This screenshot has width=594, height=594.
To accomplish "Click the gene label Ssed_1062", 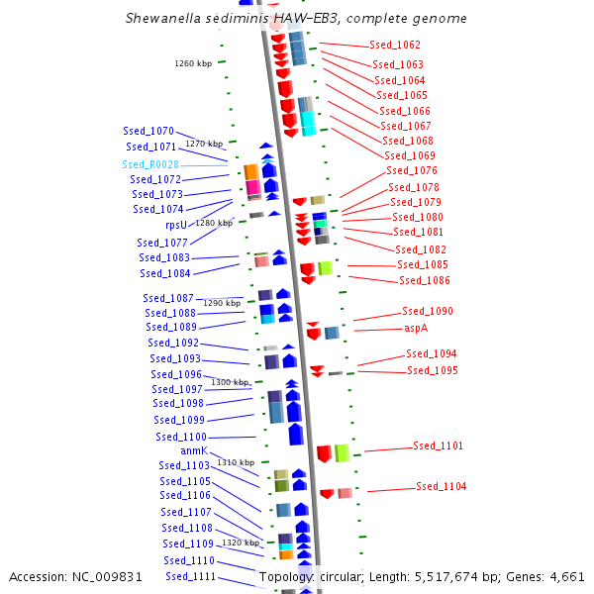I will pyautogui.click(x=394, y=46).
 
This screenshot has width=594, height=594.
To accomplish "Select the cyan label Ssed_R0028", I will pyautogui.click(x=150, y=164).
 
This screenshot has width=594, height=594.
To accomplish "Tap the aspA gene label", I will pyautogui.click(x=416, y=328).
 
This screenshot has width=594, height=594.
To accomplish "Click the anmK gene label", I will pyautogui.click(x=194, y=450).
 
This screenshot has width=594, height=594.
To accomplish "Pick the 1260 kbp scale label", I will pyautogui.click(x=193, y=63).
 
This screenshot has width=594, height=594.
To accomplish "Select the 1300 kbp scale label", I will pyautogui.click(x=230, y=382).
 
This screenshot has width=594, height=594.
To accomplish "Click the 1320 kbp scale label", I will pyautogui.click(x=241, y=543).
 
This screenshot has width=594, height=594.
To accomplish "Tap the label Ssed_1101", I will pyautogui.click(x=438, y=446).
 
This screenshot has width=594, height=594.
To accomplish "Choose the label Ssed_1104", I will pyautogui.click(x=441, y=486).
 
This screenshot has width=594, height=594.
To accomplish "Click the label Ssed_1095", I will pyautogui.click(x=433, y=370).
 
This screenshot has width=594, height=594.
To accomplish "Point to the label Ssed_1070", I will pyautogui.click(x=148, y=131).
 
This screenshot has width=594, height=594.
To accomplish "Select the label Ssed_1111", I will pyautogui.click(x=190, y=576).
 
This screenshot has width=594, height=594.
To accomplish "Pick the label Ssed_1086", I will pyautogui.click(x=424, y=280).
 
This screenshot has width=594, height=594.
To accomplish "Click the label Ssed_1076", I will pyautogui.click(x=412, y=170).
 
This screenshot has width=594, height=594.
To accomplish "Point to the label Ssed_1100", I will pyautogui.click(x=181, y=437).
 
